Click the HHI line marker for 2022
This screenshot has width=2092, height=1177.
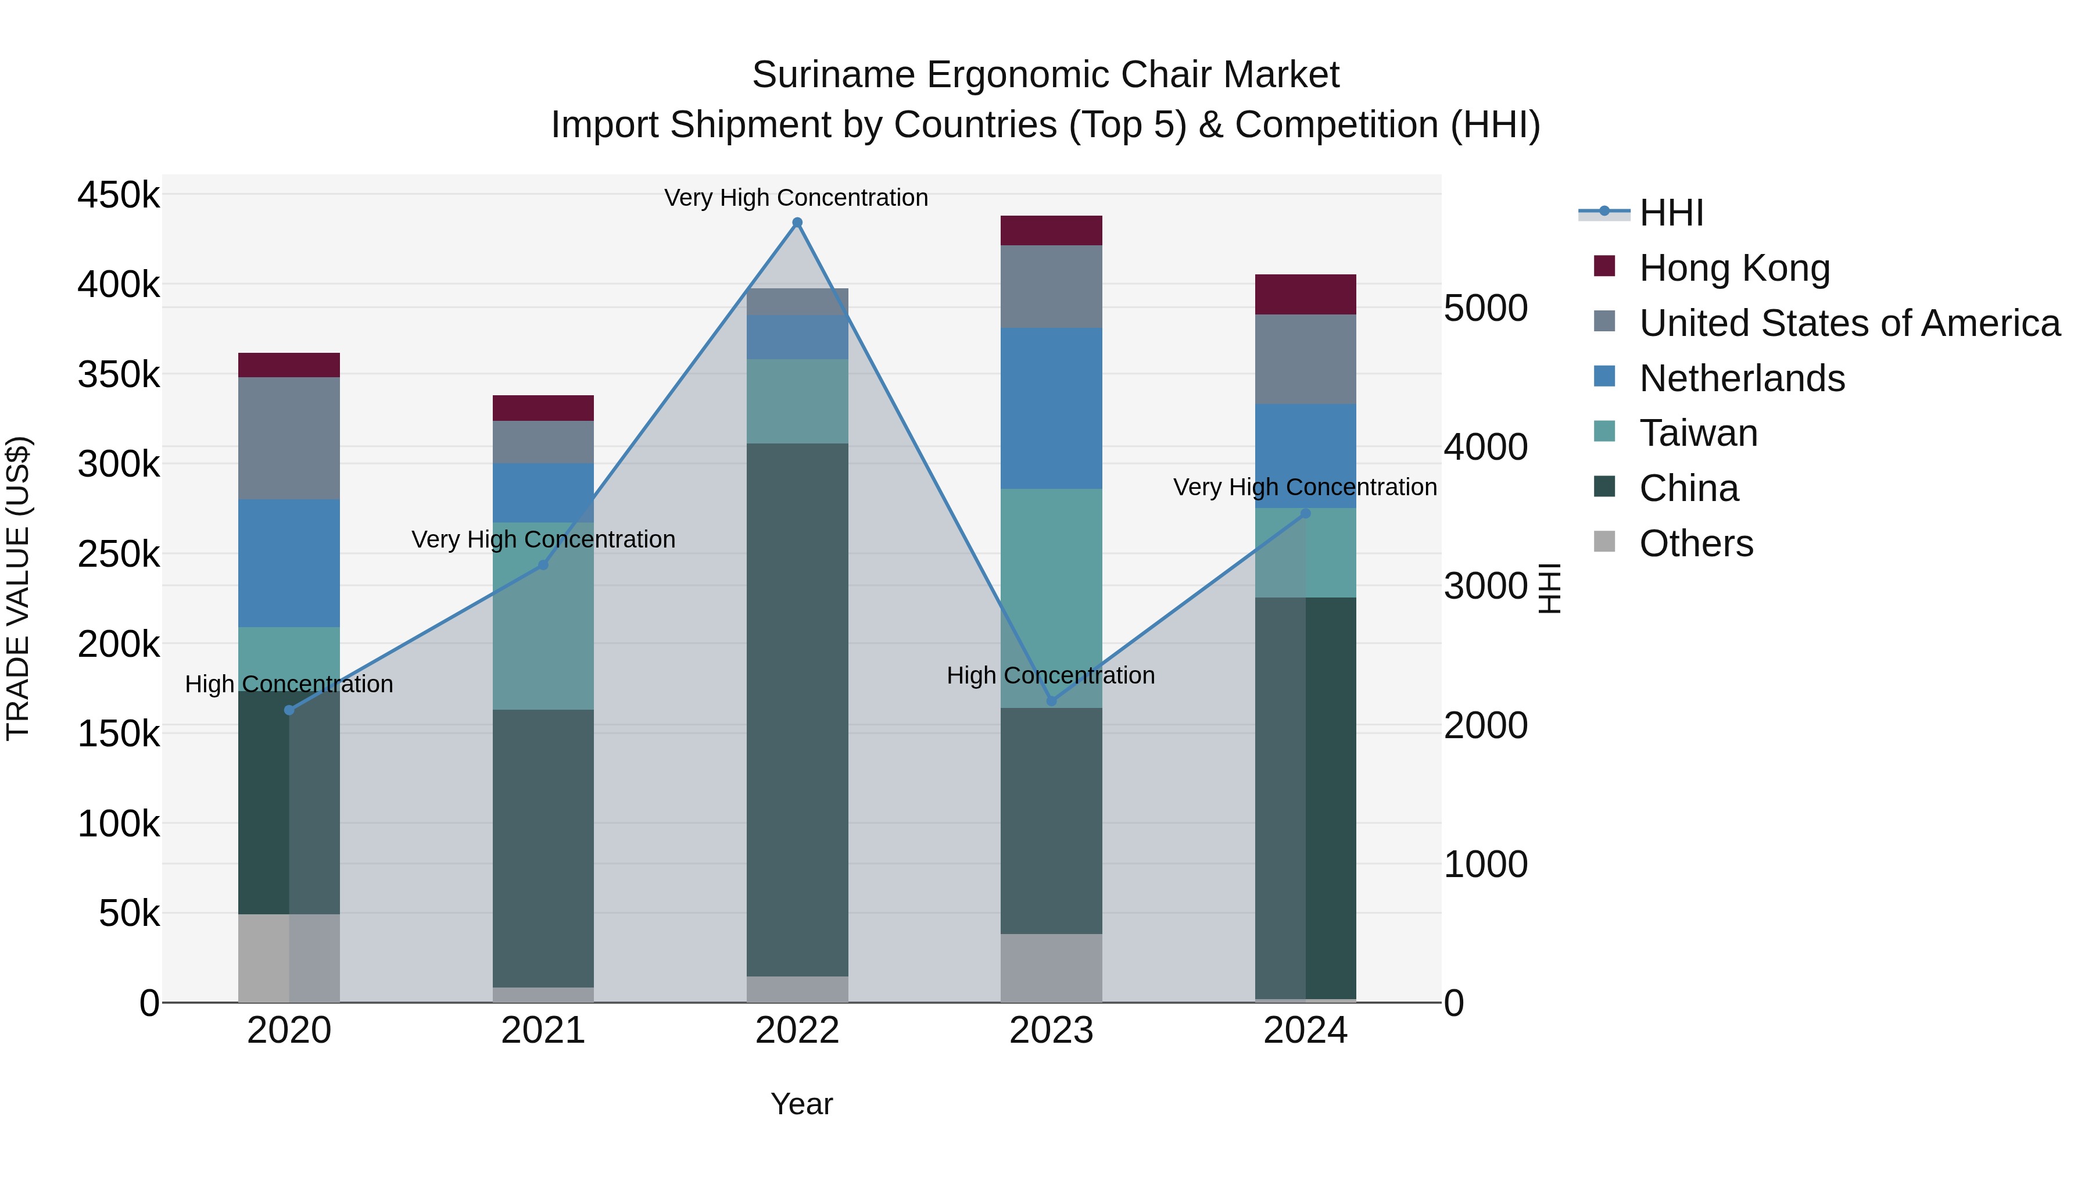click(797, 223)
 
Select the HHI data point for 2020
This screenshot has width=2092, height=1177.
click(289, 710)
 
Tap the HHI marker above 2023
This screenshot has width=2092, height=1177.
click(1051, 700)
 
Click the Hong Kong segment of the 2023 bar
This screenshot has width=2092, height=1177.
click(1051, 231)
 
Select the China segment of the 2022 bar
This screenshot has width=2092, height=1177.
click(797, 709)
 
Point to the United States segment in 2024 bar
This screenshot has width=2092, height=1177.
click(1305, 359)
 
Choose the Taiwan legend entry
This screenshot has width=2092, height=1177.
click(1698, 433)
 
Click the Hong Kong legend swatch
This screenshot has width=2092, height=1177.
click(1604, 266)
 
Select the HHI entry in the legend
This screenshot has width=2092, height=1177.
click(1671, 213)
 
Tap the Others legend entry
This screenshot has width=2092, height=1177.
click(1696, 543)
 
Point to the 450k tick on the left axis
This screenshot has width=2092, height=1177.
click(119, 196)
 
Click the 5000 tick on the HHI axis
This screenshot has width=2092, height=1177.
click(1485, 309)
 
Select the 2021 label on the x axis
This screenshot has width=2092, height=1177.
click(543, 1031)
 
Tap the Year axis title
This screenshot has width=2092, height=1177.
click(801, 1104)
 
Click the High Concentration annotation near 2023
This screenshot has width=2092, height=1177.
click(1050, 675)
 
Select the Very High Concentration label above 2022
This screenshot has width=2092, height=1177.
click(796, 198)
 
